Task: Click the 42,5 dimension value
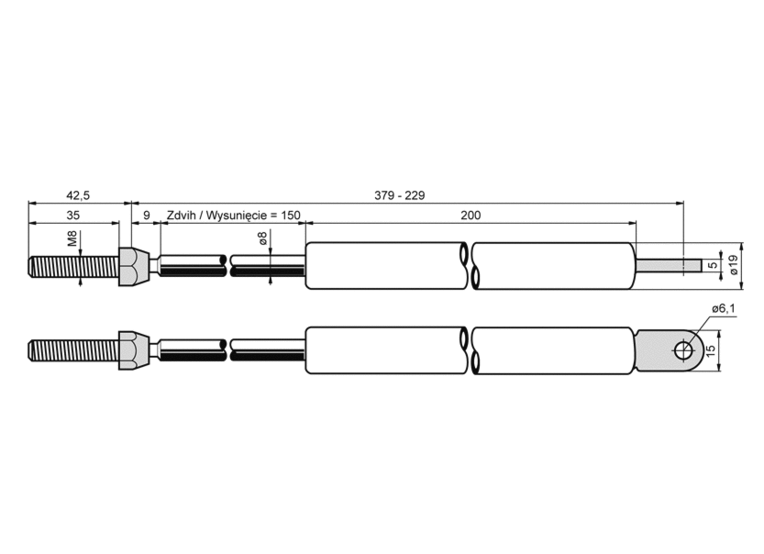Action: point(78,195)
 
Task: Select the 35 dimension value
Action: point(72,215)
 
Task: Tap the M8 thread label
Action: point(72,238)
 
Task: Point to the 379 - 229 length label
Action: point(400,195)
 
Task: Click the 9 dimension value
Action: point(147,215)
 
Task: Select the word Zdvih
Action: point(182,215)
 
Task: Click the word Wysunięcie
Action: point(234,216)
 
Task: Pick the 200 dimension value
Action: point(471,215)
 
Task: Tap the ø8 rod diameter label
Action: point(262,238)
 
